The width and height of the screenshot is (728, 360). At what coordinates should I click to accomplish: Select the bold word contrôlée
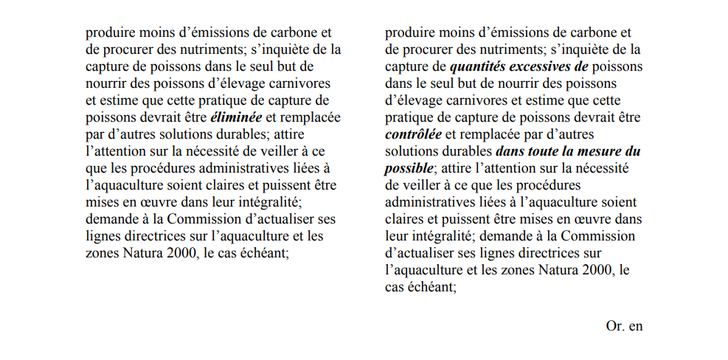tap(413, 134)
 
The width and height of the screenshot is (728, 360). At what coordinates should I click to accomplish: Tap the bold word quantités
tap(480, 67)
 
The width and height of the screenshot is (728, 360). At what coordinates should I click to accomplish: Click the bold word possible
tap(409, 168)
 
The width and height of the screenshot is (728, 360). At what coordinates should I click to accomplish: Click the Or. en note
tap(624, 325)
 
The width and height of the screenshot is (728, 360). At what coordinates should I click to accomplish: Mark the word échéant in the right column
tap(431, 287)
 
